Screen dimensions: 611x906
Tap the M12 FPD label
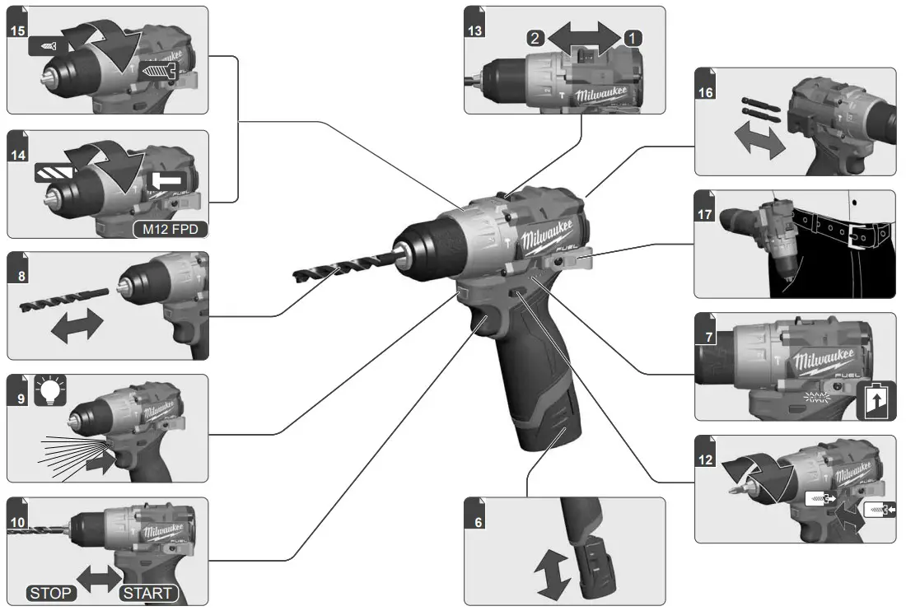(170, 228)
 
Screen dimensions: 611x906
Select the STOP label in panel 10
(51, 593)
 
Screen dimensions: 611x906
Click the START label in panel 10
(148, 593)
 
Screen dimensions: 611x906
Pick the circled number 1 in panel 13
(631, 37)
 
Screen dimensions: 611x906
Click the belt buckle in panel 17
(862, 232)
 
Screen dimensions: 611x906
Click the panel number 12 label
(706, 459)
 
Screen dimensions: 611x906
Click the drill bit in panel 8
(64, 296)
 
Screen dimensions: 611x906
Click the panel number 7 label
(706, 337)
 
